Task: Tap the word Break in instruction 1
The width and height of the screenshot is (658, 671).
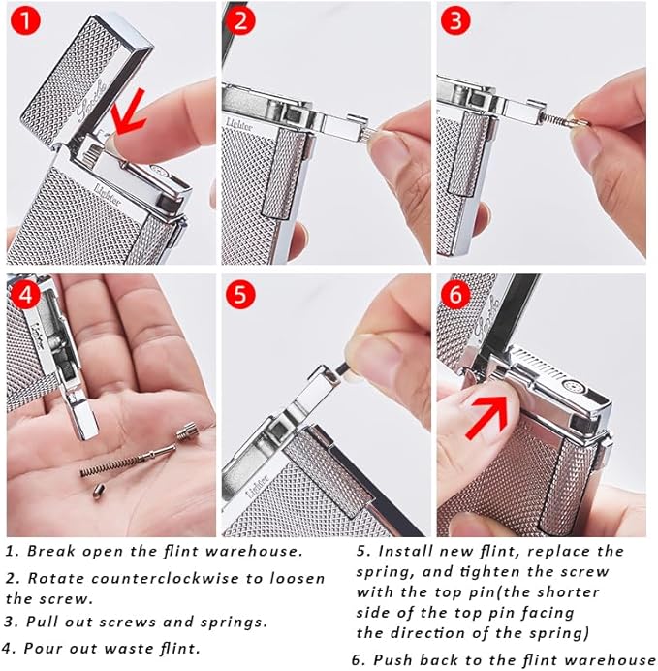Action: [x=49, y=551]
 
